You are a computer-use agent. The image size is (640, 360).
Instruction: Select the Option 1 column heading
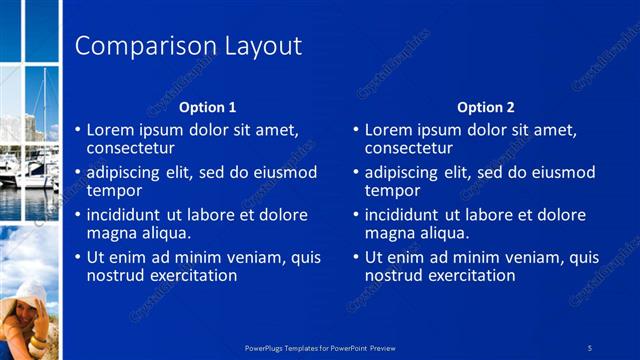pyautogui.click(x=208, y=107)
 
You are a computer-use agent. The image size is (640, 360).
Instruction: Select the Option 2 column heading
pyautogui.click(x=486, y=107)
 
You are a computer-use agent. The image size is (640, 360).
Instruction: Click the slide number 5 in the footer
pyautogui.click(x=590, y=347)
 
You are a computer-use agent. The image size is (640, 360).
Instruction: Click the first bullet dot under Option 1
pyautogui.click(x=78, y=130)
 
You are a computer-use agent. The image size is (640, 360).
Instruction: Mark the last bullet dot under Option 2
pyautogui.click(x=356, y=258)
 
